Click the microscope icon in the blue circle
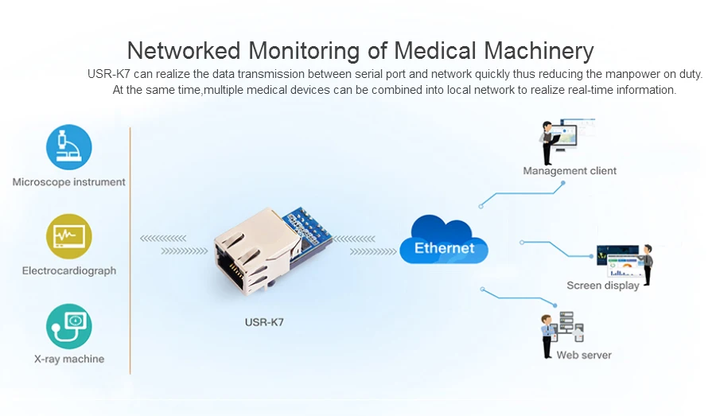click(69, 147)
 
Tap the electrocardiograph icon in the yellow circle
click(69, 236)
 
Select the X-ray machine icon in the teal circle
click(69, 325)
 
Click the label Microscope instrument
click(69, 182)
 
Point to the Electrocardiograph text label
click(69, 271)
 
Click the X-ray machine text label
click(69, 360)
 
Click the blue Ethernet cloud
click(444, 243)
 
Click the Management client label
click(570, 171)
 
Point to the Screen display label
click(602, 286)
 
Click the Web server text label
click(584, 356)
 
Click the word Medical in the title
click(436, 51)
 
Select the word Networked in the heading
click(185, 51)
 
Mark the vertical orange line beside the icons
click(130, 250)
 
